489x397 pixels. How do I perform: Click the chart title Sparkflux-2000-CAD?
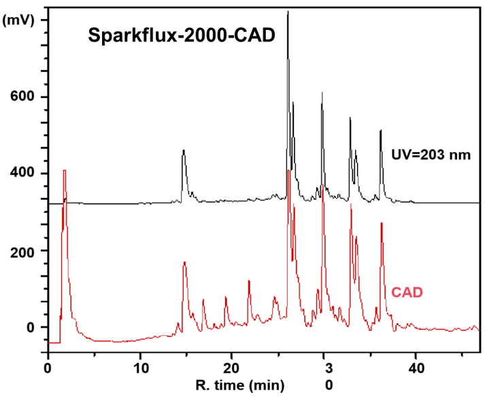(181, 35)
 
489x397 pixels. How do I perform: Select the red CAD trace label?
(407, 293)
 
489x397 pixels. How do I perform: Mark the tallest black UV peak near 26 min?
(288, 12)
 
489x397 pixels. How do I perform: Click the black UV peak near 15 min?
(184, 151)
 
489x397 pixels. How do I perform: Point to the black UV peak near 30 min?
(322, 93)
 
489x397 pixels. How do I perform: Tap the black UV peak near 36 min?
(381, 131)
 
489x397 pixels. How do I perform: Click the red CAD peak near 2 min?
(65, 171)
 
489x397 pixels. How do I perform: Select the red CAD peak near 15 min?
(184, 262)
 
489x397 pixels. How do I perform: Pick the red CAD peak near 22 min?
(249, 281)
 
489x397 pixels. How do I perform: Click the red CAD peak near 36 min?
(382, 223)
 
